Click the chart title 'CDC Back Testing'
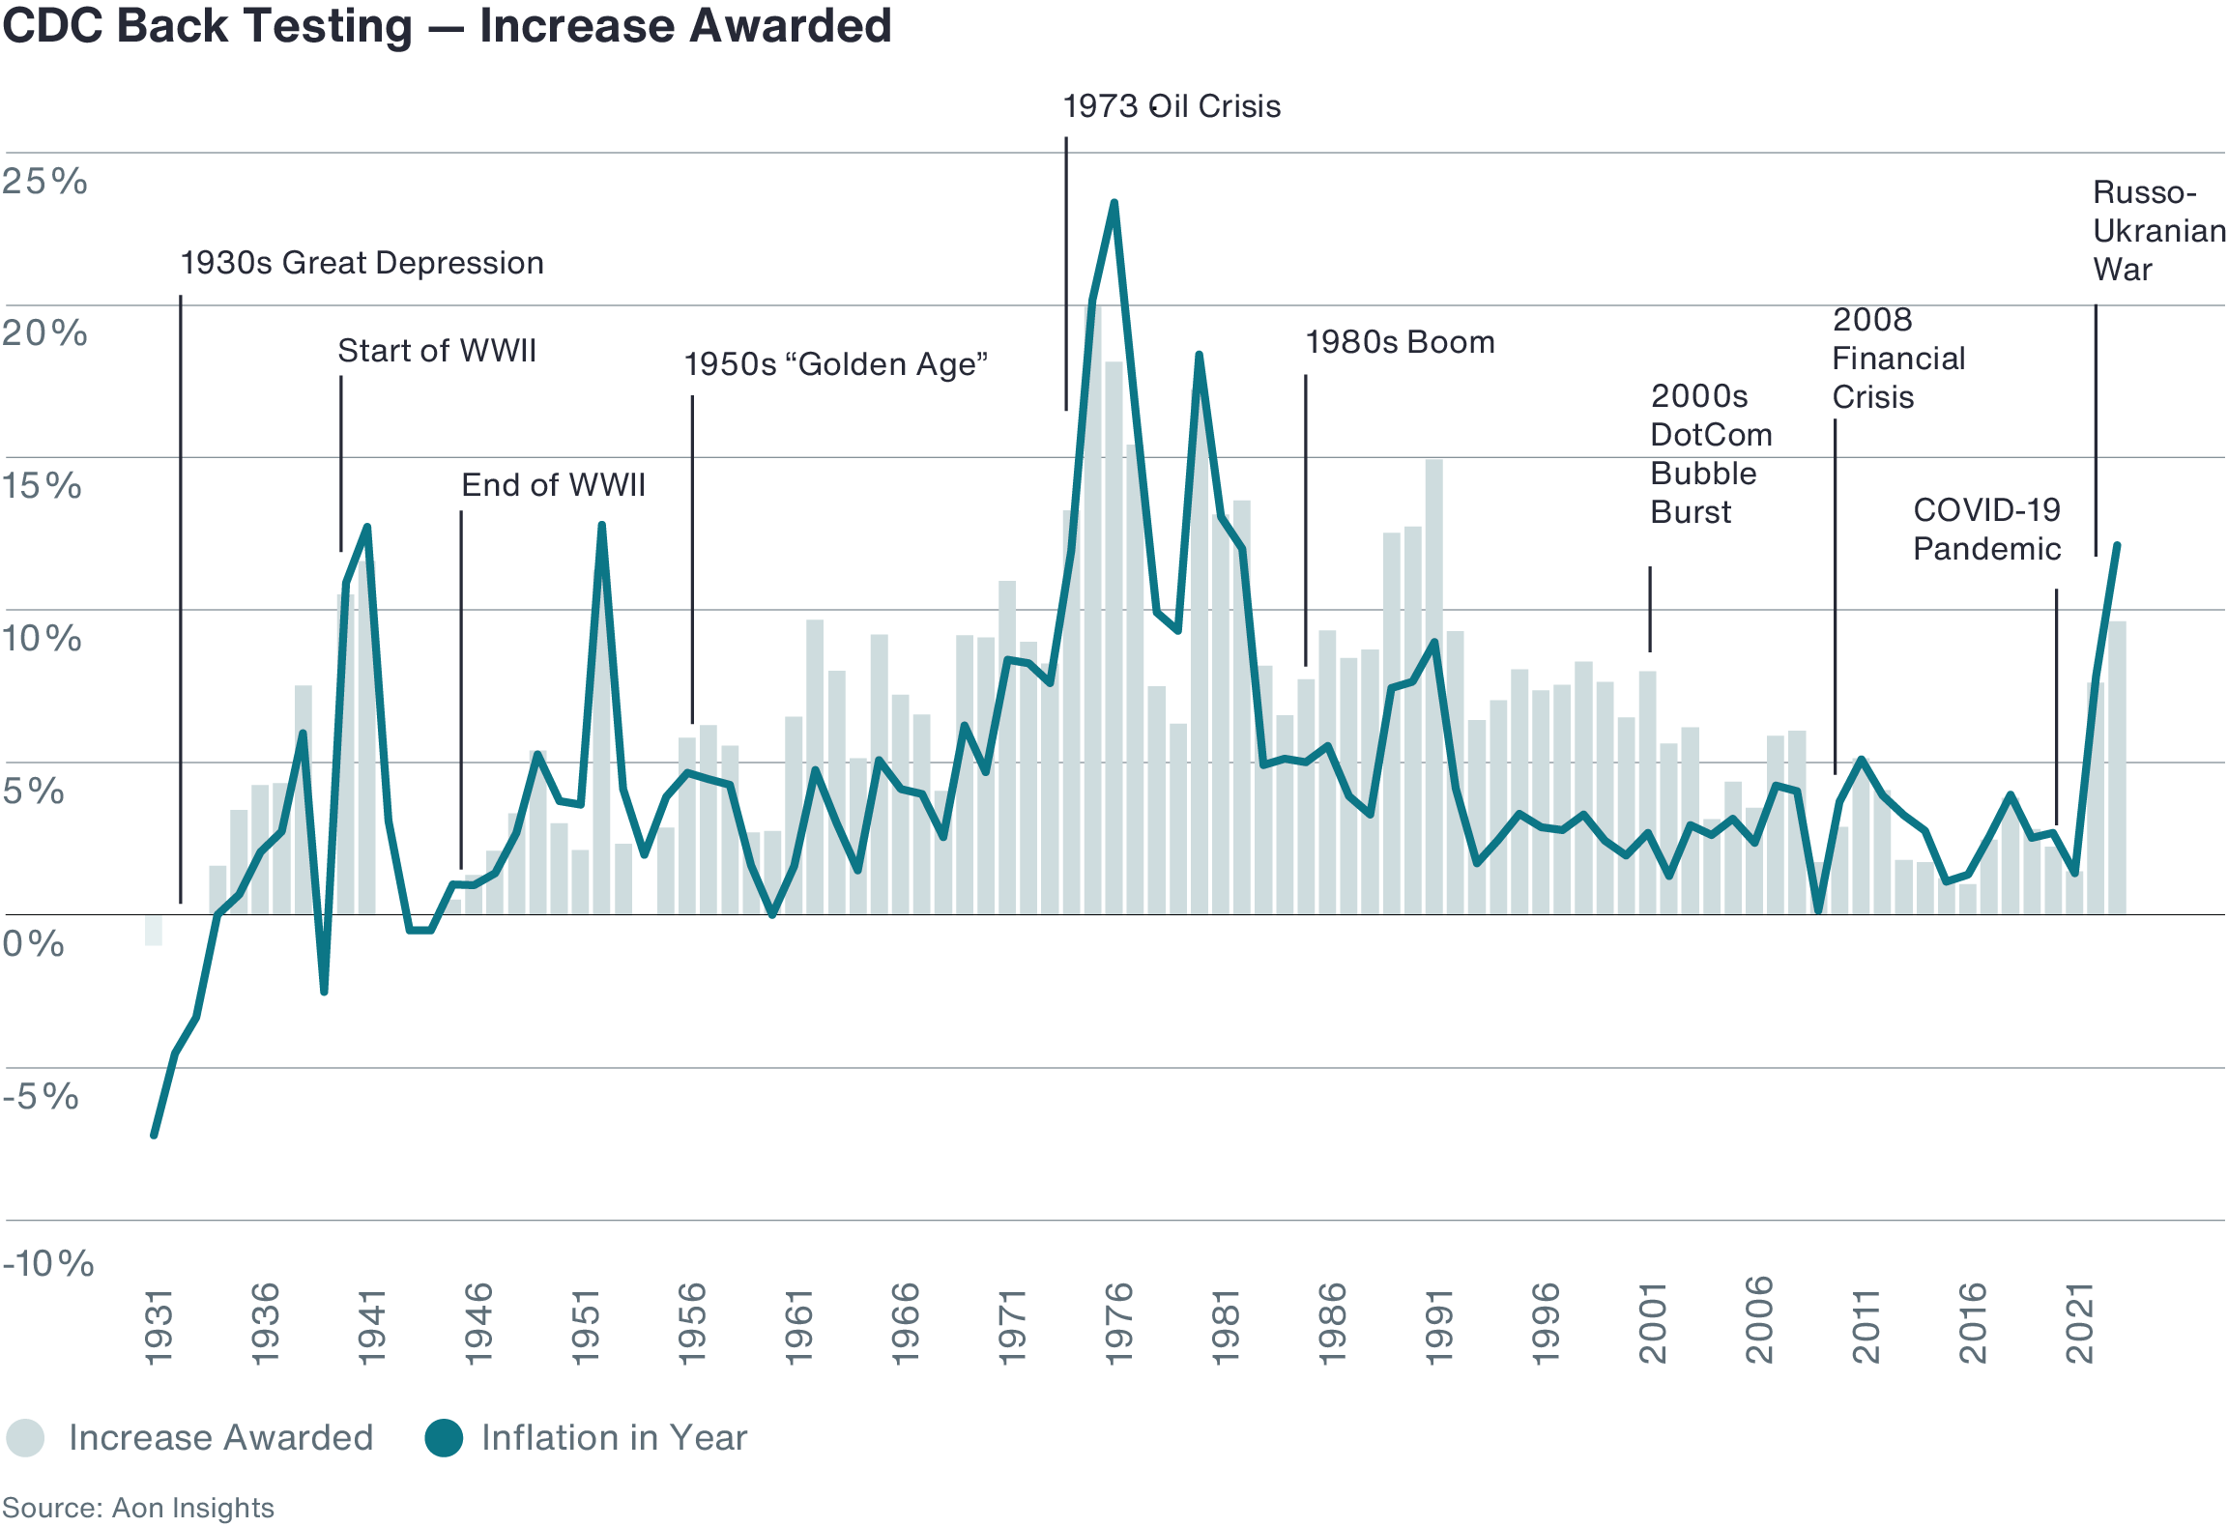(207, 26)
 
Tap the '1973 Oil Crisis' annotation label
(1172, 106)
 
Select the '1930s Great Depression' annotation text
(362, 263)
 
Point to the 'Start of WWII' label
(436, 351)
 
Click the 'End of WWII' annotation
(553, 485)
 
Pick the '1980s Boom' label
(1400, 342)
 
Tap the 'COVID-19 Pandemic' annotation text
(1986, 530)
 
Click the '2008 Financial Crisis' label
(1897, 359)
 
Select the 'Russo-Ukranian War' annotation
(2157, 231)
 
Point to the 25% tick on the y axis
(44, 182)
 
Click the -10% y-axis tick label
(48, 1263)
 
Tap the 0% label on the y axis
(34, 943)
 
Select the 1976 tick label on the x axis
(1118, 1323)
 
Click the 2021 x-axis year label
(2079, 1323)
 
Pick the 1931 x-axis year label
(159, 1326)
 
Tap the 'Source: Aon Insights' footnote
(138, 1508)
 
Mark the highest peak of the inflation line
(1114, 204)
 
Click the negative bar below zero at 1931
(154, 931)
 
